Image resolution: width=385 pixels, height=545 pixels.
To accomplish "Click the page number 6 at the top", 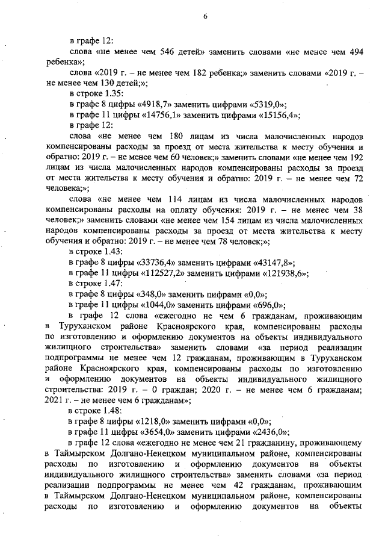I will point(205,17).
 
